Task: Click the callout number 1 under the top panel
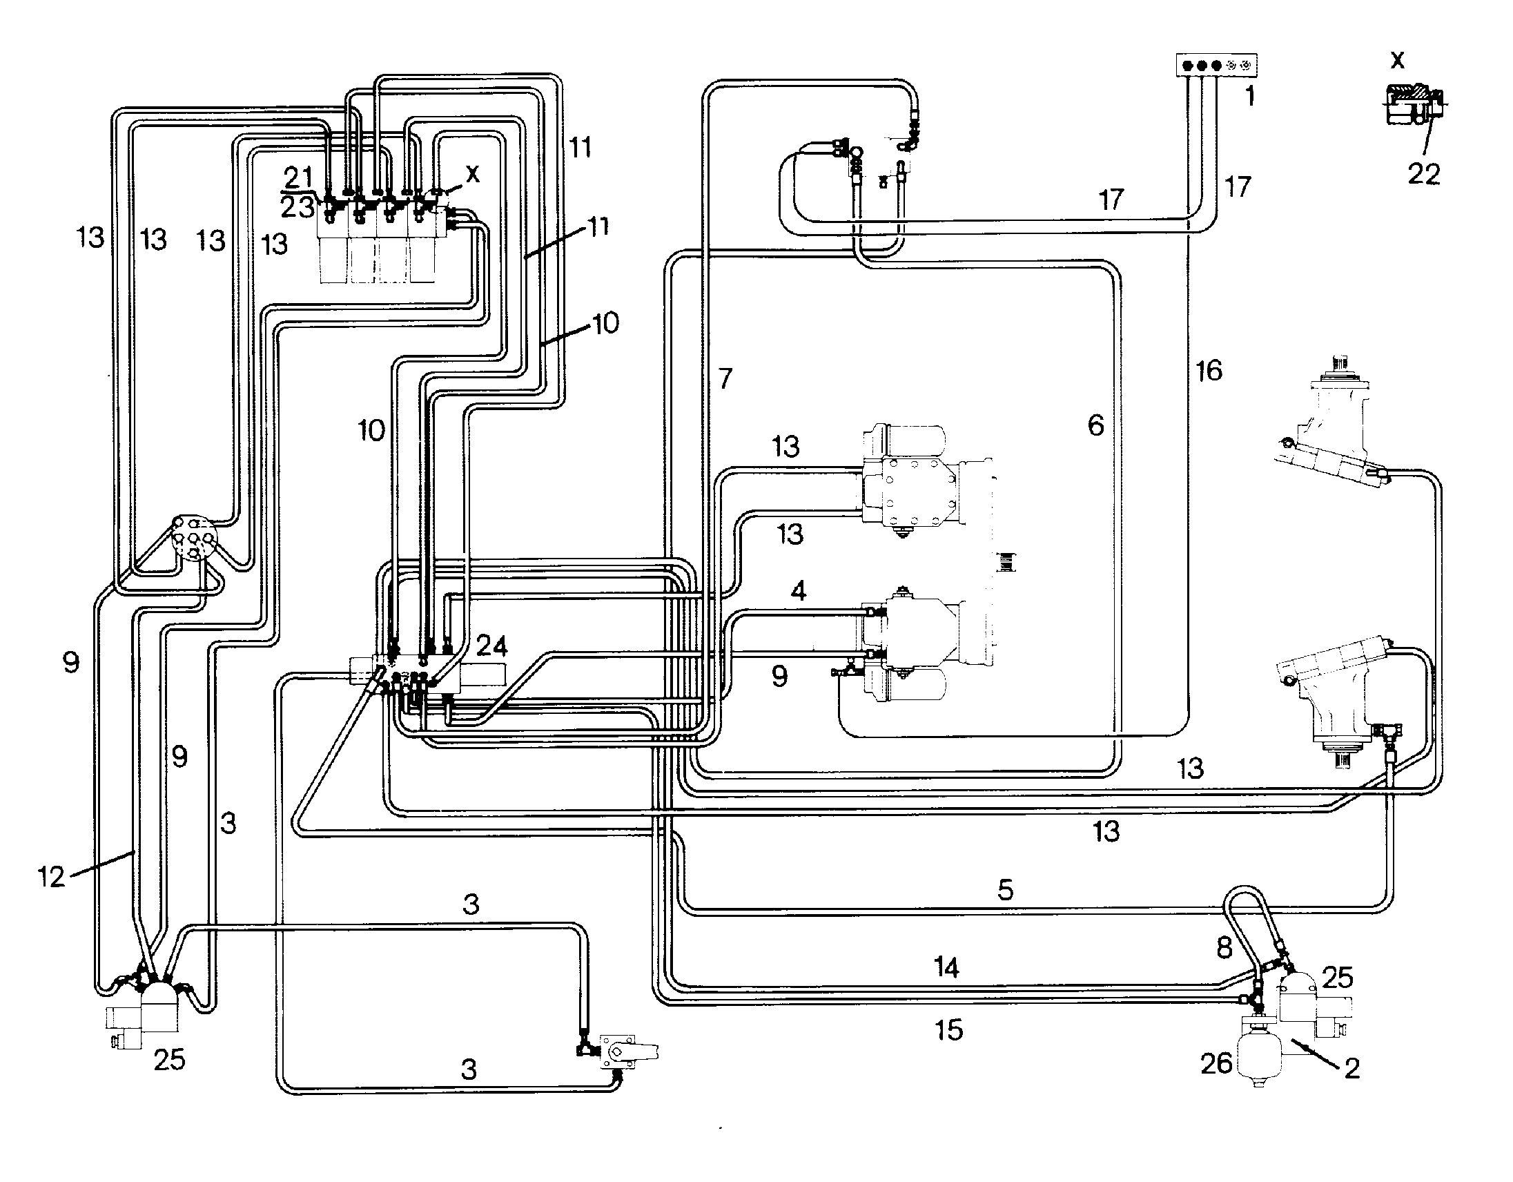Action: click(x=1250, y=96)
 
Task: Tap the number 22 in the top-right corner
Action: click(x=1425, y=173)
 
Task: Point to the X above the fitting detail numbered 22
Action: click(x=1398, y=60)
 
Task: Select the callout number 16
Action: click(x=1209, y=371)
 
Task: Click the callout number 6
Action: click(x=1096, y=425)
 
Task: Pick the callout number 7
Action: click(x=725, y=378)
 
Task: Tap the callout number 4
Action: click(x=799, y=591)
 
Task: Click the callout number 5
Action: click(x=1006, y=889)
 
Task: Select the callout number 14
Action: click(x=946, y=967)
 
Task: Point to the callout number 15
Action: click(x=949, y=1030)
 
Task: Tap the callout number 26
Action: click(x=1216, y=1063)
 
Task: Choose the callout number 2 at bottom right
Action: click(x=1352, y=1068)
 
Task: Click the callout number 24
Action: click(x=492, y=646)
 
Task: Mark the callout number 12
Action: click(x=50, y=877)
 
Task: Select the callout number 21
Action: click(x=299, y=177)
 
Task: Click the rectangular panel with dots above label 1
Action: click(x=1218, y=65)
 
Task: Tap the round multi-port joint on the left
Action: click(x=193, y=537)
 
